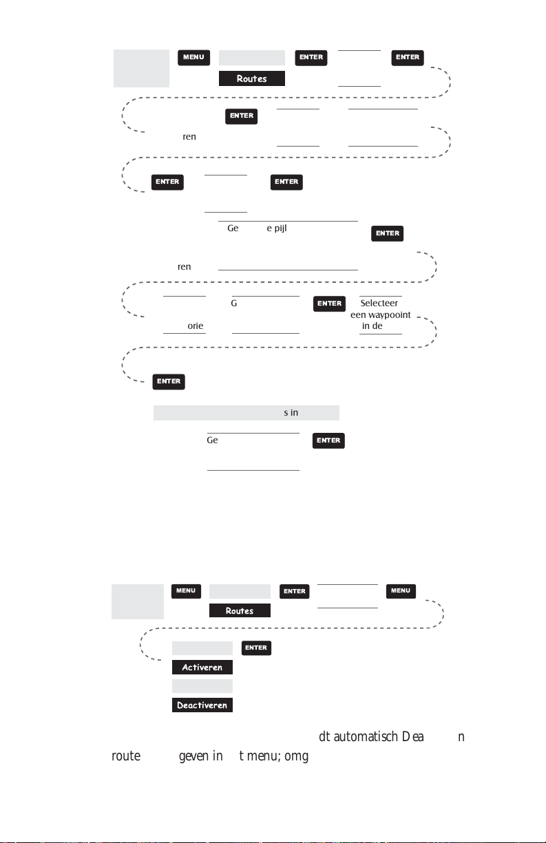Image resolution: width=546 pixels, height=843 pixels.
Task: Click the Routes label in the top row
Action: [252, 78]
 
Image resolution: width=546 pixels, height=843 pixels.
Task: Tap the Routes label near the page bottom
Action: [240, 610]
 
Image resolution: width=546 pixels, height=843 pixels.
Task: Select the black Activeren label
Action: [202, 668]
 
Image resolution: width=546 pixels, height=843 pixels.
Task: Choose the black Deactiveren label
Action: [202, 705]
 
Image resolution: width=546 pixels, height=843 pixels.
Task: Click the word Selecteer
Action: [381, 303]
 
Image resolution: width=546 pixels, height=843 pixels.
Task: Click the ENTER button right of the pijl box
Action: [388, 234]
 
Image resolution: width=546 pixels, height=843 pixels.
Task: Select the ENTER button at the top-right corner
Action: [408, 58]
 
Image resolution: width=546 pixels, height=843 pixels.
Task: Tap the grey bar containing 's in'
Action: [246, 413]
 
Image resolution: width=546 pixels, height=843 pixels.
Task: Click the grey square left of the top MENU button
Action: [140, 68]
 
